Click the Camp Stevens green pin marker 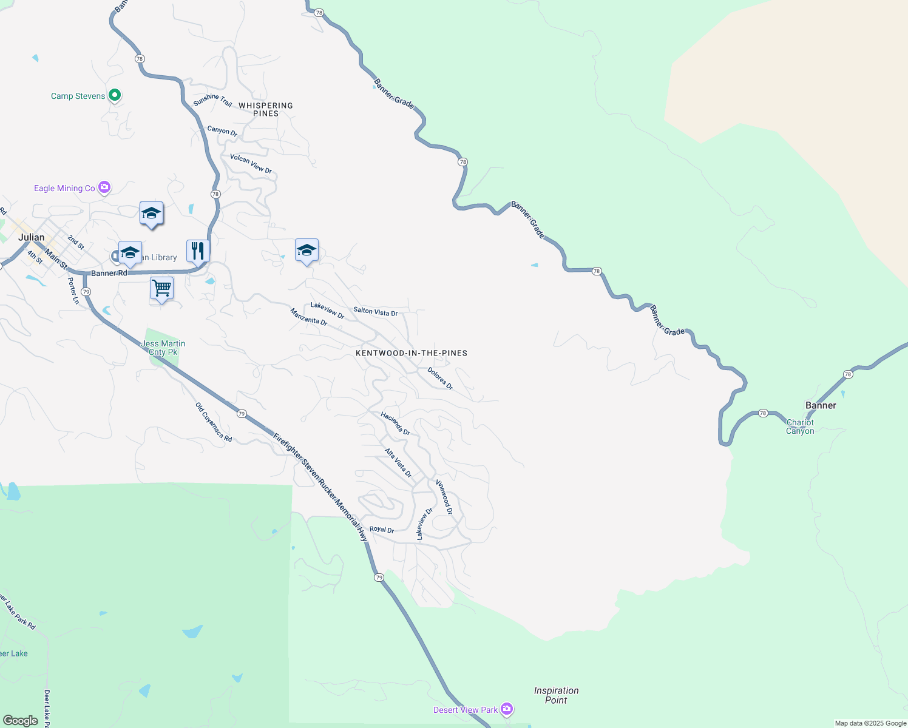[x=115, y=95]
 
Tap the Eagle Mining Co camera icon [x=104, y=187]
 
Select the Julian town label [x=31, y=237]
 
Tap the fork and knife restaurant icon [x=198, y=250]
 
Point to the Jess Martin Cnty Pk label [x=163, y=348]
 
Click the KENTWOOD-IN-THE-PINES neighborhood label [x=412, y=353]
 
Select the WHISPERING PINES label [x=266, y=109]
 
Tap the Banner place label [x=821, y=405]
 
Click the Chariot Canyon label [x=800, y=426]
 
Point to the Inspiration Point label [x=556, y=695]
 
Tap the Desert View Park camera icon [x=507, y=709]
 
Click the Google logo [x=21, y=721]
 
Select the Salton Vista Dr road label [x=375, y=312]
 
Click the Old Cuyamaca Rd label [x=214, y=422]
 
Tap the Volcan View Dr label [x=251, y=163]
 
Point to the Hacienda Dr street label [x=395, y=423]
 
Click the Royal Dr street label [x=382, y=529]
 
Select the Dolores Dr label [x=440, y=378]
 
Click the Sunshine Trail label [x=212, y=101]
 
